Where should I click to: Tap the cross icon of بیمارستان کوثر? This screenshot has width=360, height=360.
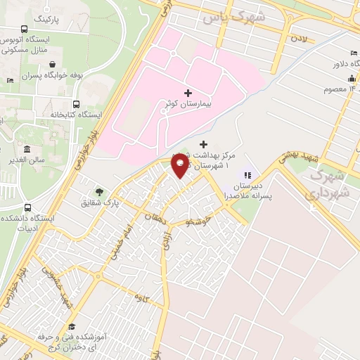click(x=187, y=93)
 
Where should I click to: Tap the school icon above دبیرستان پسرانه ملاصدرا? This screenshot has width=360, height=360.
click(x=247, y=175)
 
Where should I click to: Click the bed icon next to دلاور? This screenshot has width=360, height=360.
click(x=352, y=54)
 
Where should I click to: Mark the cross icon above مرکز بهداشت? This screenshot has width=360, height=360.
click(x=204, y=143)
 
